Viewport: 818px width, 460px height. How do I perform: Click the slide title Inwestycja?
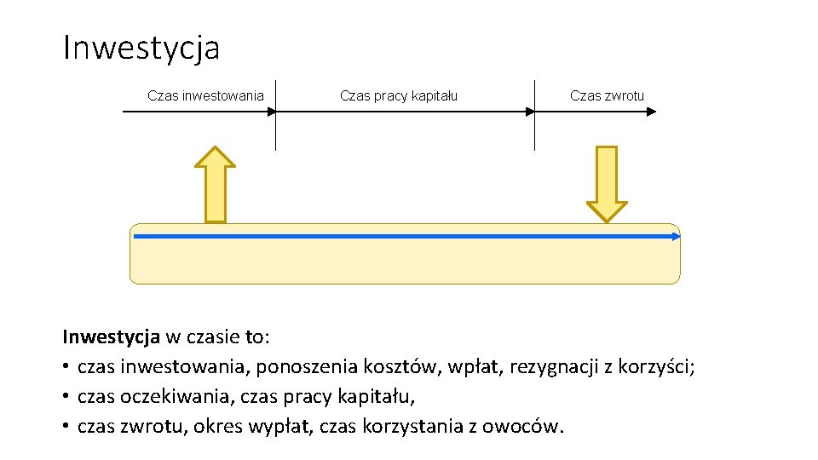tap(141, 48)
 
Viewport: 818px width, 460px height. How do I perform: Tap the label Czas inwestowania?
tap(205, 95)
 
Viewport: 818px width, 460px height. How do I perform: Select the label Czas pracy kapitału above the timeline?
tap(398, 95)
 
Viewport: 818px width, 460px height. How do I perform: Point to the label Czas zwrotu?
tap(607, 95)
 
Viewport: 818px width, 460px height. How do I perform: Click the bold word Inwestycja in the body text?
tap(112, 336)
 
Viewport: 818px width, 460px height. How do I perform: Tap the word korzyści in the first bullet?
tap(660, 367)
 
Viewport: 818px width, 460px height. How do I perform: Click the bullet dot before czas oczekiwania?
tap(66, 397)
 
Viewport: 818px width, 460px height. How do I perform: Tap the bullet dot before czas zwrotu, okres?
tap(66, 426)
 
